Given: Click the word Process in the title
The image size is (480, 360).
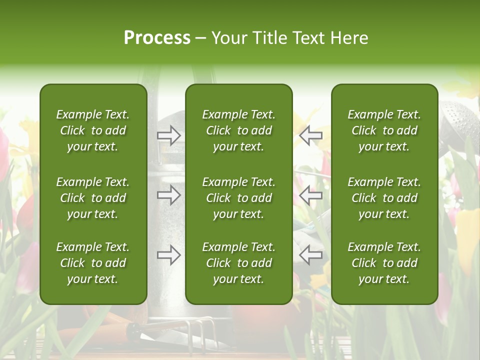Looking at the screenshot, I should pos(157,38).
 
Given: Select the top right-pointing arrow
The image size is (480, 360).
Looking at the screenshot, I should pos(168,135).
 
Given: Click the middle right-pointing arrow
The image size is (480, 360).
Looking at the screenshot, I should pos(168,195).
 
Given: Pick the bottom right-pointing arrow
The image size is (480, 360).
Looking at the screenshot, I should pos(168,255).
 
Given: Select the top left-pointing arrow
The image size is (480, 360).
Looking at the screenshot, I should pos(311,135).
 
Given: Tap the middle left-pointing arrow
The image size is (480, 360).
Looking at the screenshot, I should pos(311,195).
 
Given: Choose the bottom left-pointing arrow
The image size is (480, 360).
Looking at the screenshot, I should pos(311,255).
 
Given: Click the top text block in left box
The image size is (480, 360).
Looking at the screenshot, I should pos(93,130).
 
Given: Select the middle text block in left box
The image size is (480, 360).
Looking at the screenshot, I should pos(93,198).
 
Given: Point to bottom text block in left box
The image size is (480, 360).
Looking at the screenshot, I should pos(93,263).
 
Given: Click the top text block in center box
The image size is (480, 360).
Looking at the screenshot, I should pos(238,130).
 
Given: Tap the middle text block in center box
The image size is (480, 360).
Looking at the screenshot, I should pos(238,198).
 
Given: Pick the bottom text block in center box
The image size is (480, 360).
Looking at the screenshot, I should pos(238,263).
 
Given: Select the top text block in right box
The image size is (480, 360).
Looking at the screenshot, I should pos(384,130).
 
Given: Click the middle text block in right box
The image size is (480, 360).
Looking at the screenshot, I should pos(384,198).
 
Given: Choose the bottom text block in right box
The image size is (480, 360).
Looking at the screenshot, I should pos(384,263).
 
